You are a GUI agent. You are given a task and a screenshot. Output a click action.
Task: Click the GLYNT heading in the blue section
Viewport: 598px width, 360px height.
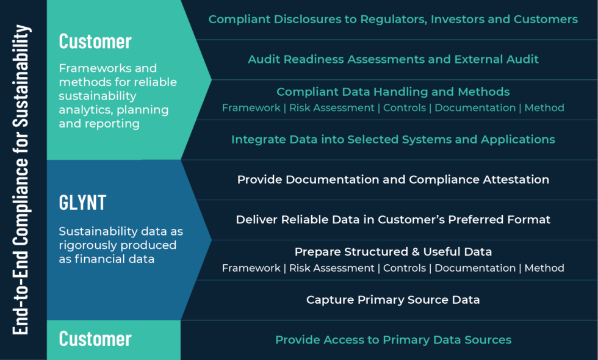pyautogui.click(x=82, y=203)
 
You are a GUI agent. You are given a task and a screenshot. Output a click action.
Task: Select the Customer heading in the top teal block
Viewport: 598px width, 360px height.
pyautogui.click(x=95, y=41)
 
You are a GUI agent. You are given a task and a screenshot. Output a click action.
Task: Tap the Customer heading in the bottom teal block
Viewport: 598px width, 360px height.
pyautogui.click(x=95, y=339)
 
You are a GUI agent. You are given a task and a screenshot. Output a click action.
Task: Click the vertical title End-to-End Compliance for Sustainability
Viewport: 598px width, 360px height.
pyautogui.click(x=22, y=180)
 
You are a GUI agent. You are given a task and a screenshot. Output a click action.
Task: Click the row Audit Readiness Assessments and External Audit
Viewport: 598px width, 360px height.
pyautogui.click(x=393, y=59)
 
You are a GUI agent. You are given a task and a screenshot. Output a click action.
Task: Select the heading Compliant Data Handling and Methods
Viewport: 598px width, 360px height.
pyautogui.click(x=393, y=92)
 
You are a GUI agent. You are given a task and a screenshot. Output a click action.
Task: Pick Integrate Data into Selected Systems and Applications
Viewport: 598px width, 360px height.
pyautogui.click(x=393, y=139)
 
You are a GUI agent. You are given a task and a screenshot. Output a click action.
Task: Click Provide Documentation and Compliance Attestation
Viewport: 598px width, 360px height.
pyautogui.click(x=393, y=179)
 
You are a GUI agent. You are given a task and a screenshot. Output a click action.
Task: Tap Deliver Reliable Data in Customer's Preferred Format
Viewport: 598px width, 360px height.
pyautogui.click(x=393, y=219)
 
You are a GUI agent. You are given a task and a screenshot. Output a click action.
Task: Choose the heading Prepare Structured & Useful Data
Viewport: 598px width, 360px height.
pyautogui.click(x=393, y=251)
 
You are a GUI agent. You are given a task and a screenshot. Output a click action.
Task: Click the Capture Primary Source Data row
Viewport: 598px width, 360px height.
pyautogui.click(x=393, y=300)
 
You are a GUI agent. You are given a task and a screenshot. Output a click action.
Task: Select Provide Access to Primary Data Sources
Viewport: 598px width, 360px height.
pyautogui.click(x=393, y=339)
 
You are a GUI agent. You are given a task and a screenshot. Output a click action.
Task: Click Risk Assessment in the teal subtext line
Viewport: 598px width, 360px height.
pyautogui.click(x=331, y=108)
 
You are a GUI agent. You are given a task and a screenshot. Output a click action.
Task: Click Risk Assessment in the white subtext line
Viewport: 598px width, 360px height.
pyautogui.click(x=331, y=268)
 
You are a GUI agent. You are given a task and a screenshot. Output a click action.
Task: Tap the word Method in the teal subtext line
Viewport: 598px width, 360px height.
pyautogui.click(x=544, y=108)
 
